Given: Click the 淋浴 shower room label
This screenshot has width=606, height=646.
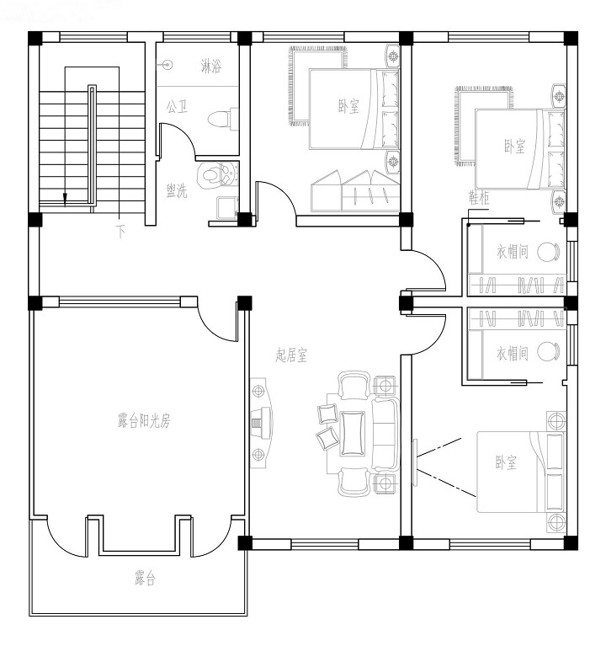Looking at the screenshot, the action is coord(211,66).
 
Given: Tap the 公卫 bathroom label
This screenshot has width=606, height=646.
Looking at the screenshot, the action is coord(177,107).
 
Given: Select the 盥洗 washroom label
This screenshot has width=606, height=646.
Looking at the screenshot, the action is coord(177,190).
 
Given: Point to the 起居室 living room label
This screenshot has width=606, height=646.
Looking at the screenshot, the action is coord(291,355).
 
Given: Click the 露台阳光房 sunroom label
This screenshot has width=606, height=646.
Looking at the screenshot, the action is coord(144,421).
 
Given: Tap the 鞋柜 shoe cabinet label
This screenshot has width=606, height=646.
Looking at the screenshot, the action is coord(479,198).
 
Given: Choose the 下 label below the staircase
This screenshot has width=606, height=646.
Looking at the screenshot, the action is coord(120,232).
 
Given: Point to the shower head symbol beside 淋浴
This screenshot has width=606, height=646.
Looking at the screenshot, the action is coord(167,65).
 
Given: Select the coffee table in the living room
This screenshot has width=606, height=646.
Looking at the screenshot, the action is coord(353,434).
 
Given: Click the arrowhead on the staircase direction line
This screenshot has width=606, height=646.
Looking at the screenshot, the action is coord(65,198).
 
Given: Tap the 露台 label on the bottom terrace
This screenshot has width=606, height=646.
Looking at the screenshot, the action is coord(145,578).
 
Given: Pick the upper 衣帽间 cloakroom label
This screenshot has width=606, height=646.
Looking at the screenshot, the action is coord(513,251).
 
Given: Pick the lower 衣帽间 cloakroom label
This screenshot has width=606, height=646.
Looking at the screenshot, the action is coord(513,353).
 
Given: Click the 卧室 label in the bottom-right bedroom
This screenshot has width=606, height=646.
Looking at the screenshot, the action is coord(506,462).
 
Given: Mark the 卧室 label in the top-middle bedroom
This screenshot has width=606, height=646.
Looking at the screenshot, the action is coord(349,107).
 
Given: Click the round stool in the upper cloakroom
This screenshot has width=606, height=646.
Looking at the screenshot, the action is coord(549,251).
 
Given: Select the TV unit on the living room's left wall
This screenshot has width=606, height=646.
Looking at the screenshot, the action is coord(262,423).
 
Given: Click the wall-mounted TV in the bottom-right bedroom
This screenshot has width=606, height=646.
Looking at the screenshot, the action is coord(415,462).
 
